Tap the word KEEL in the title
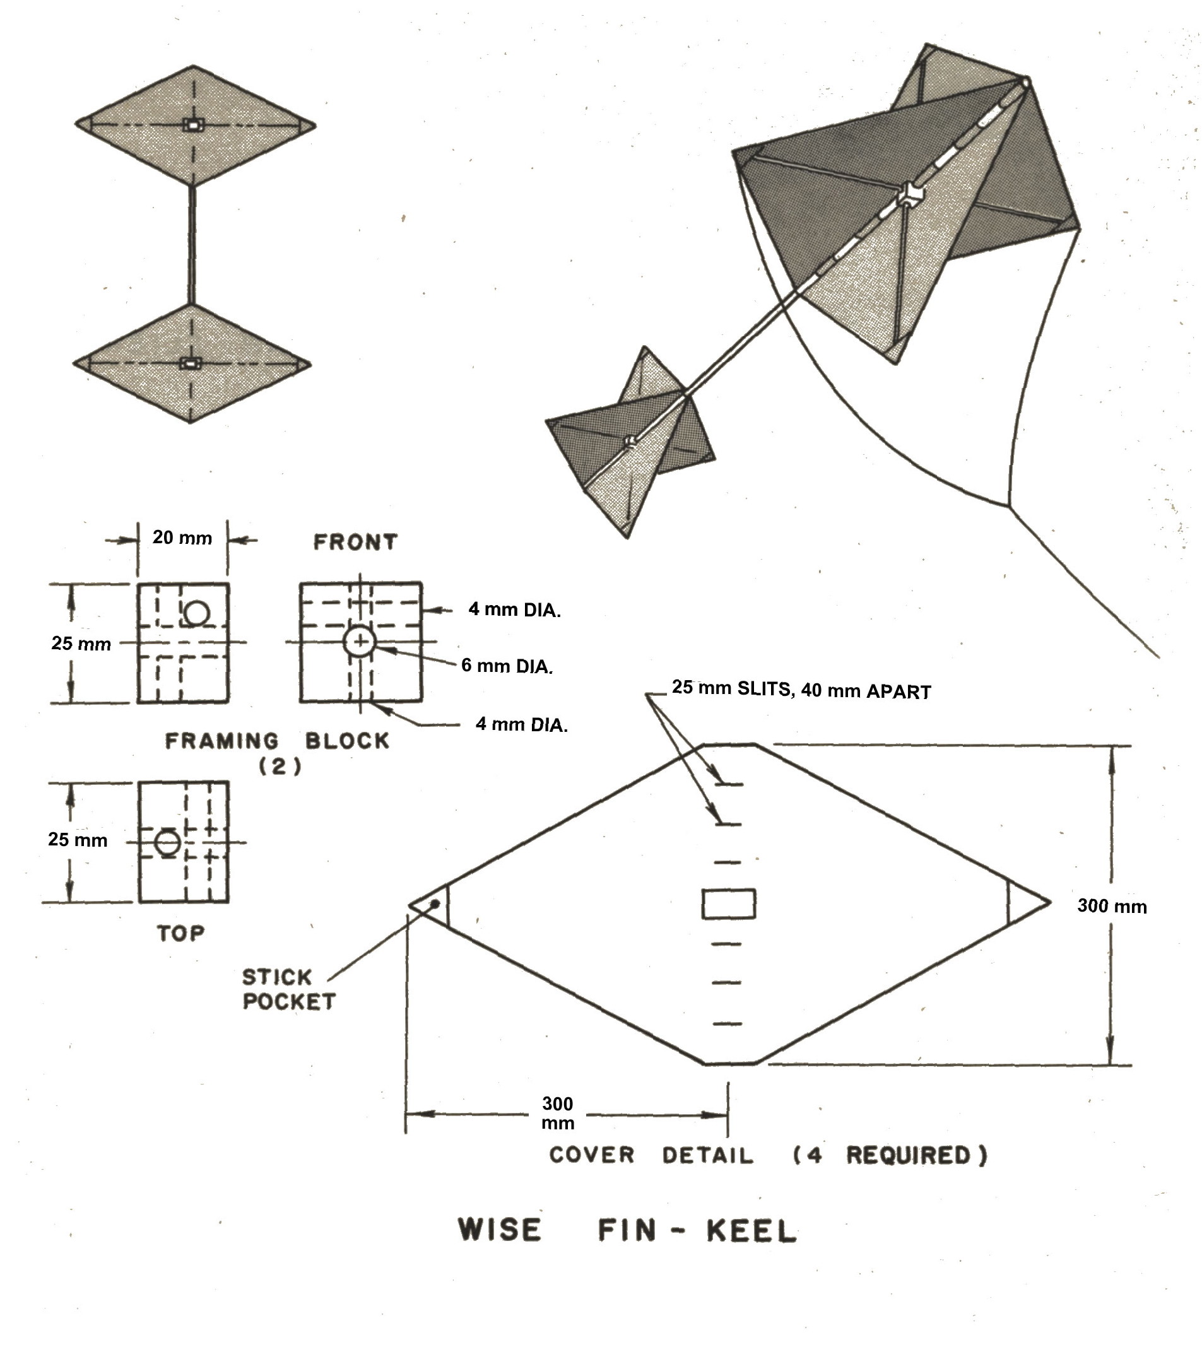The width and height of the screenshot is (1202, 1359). [751, 1231]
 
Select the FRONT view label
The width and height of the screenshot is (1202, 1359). [356, 542]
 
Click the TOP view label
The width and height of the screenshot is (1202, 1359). [181, 934]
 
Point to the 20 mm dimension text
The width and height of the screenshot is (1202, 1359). [182, 537]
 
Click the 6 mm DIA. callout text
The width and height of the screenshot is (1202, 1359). [507, 666]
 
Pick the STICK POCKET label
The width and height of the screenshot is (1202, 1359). [288, 989]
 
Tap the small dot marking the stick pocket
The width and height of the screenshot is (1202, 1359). [435, 904]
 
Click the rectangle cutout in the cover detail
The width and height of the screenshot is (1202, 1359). [729, 904]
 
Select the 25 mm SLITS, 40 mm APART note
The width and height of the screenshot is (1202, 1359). [801, 690]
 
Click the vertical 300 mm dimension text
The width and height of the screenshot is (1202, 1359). [1112, 906]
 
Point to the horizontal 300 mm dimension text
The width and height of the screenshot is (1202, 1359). [557, 1114]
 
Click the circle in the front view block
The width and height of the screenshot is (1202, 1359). [360, 642]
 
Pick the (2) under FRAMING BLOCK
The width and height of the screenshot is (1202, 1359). [280, 767]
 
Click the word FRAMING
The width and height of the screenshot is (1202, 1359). [222, 741]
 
